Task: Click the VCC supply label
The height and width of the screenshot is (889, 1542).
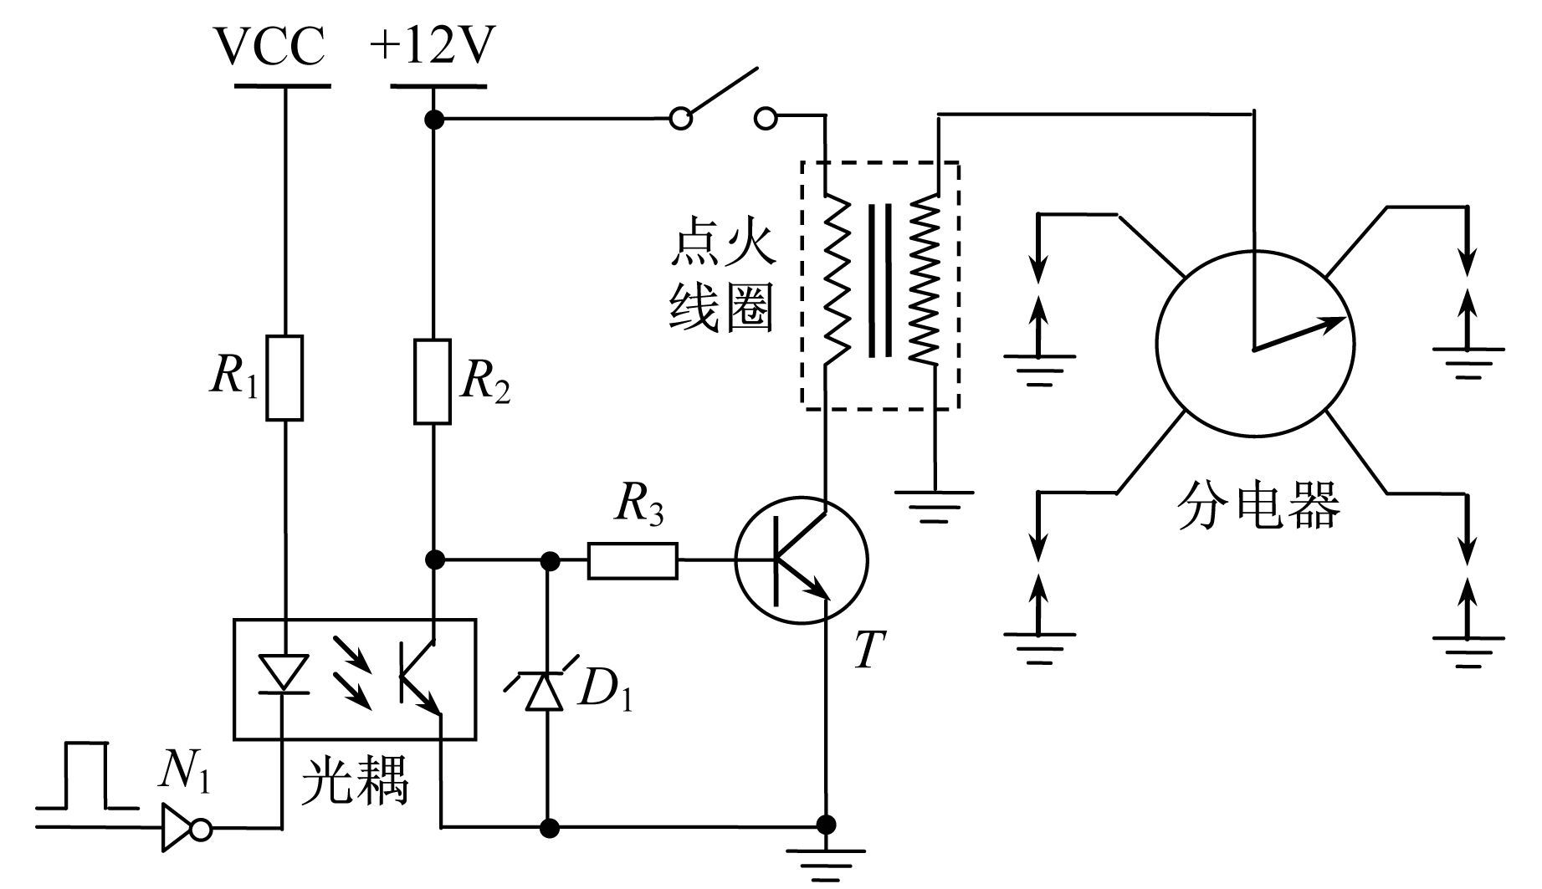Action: [270, 48]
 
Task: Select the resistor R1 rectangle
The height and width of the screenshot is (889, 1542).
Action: [284, 378]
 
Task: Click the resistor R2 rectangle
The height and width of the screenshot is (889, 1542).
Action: [433, 381]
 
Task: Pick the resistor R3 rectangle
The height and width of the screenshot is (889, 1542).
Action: [633, 560]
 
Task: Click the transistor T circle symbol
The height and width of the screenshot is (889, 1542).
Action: [802, 561]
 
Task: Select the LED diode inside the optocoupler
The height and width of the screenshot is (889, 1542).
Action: [284, 672]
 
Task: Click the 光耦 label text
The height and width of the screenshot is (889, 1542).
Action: [357, 781]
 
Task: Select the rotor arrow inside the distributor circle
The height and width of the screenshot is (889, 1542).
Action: [1299, 333]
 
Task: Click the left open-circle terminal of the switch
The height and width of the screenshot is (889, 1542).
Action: [682, 120]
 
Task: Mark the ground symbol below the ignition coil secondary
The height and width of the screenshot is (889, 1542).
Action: [935, 505]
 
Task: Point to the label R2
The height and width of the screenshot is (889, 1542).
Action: [485, 382]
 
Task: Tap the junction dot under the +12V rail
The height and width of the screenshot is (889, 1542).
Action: [433, 120]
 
